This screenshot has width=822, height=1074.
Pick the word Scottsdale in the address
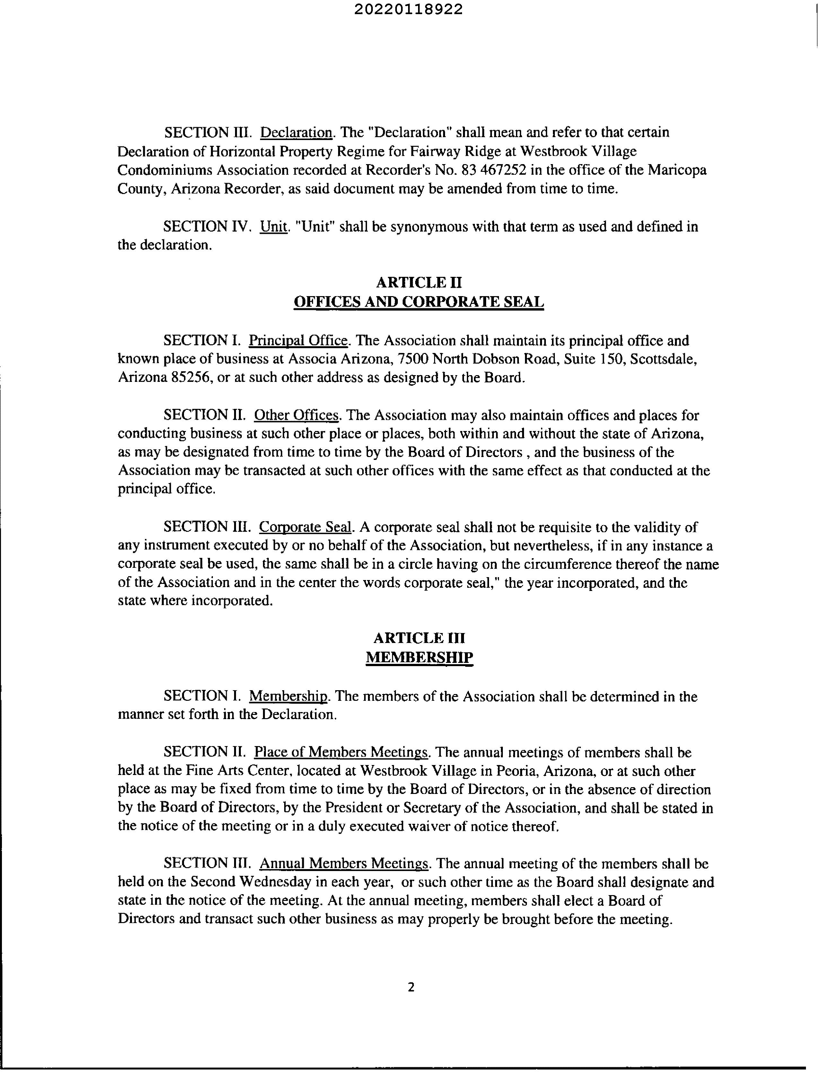point(663,359)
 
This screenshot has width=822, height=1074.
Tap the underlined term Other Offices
point(296,415)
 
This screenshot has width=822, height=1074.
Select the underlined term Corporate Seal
point(305,527)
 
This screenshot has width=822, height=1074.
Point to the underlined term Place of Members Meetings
point(341,752)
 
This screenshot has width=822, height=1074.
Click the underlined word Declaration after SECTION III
point(296,133)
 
